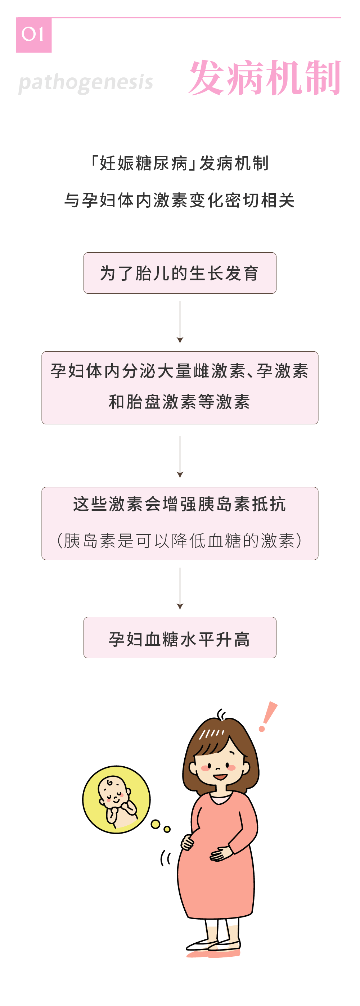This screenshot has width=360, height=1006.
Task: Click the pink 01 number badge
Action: [x=33, y=35]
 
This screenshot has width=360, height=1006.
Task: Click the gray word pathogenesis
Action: [x=86, y=83]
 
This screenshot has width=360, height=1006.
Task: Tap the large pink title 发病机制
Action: [x=265, y=78]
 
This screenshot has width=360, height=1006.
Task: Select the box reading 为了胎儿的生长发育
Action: [x=180, y=273]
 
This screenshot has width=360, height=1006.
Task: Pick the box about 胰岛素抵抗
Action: [x=180, y=523]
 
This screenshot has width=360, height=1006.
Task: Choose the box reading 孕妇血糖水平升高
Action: [x=180, y=638]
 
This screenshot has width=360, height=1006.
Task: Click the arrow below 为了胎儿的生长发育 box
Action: [x=180, y=322]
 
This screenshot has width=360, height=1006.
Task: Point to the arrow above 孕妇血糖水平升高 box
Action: [x=180, y=588]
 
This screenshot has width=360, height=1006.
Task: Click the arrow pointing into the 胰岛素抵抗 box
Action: [x=180, y=457]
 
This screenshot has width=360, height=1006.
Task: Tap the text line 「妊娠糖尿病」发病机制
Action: [x=180, y=163]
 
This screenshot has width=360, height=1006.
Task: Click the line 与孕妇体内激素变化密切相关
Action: [x=180, y=200]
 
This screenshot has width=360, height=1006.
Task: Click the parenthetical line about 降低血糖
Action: [x=180, y=541]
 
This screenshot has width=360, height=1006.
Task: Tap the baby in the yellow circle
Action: [x=116, y=799]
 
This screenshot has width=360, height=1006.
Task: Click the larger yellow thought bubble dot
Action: [x=156, y=824]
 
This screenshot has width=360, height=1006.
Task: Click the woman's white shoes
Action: [x=213, y=946]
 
